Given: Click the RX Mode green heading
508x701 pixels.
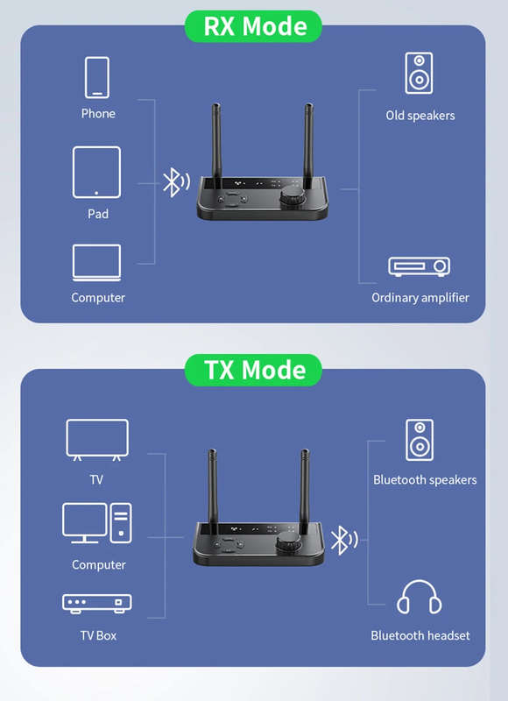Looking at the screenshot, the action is point(253,26).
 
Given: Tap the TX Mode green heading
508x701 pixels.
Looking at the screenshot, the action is point(253,370).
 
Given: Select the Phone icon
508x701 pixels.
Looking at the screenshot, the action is point(97,77).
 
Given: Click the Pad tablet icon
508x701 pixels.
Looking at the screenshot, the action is point(96,172).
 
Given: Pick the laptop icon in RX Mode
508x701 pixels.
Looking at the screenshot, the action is point(96,263).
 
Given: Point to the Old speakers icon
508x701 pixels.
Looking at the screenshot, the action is point(419,73).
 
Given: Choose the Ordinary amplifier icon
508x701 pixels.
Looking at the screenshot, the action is point(419,266).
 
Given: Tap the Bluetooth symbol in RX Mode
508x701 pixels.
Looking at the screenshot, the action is point(175,182).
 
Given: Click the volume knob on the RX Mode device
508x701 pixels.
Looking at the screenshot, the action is point(292,195).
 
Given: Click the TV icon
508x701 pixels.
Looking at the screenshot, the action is point(97,440).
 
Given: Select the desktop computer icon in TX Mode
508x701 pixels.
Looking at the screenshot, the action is point(97,523).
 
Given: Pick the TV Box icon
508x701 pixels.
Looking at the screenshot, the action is point(97,604).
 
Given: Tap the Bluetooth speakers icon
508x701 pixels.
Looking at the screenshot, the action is point(419,440).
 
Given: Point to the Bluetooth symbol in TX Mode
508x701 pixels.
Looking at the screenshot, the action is point(344,540).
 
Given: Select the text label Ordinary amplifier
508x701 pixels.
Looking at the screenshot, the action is point(420,298).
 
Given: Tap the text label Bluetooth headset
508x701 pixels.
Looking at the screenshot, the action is point(420,635).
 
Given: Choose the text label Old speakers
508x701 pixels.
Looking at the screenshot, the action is point(420,116).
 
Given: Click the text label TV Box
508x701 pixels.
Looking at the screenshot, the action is point(98,635).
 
